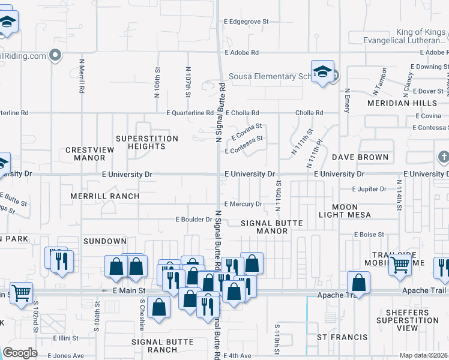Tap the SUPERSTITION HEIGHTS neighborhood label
point(147,142)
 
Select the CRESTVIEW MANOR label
point(85,154)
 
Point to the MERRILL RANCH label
point(104,196)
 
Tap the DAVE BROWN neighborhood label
point(360,157)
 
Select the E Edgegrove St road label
point(246,21)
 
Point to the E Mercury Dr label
point(243,204)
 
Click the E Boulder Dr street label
point(194,220)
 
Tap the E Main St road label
point(129,290)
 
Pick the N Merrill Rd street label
point(81,76)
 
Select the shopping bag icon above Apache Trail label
point(358,281)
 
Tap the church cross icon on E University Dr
point(443,158)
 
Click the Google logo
point(20,353)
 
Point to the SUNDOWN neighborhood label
point(105,241)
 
